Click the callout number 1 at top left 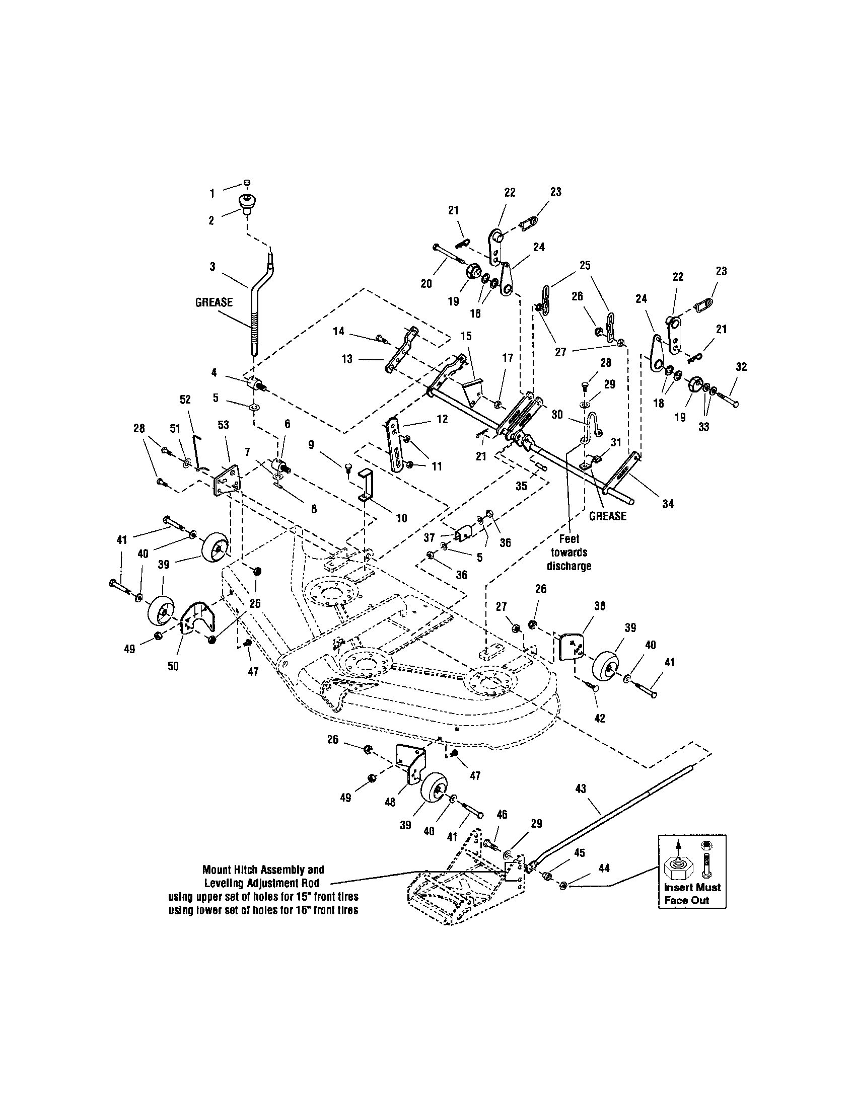(212, 193)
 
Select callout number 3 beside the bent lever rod (212, 267)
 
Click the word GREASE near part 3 (214, 302)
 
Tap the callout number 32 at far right (741, 367)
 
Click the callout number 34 (668, 504)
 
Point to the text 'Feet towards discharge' (569, 552)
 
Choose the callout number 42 (599, 718)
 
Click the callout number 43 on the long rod (581, 788)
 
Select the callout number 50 (173, 666)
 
